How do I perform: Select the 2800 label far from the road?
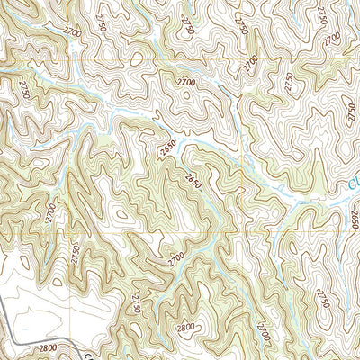[x=187, y=328]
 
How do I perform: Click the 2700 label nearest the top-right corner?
[x=333, y=38]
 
